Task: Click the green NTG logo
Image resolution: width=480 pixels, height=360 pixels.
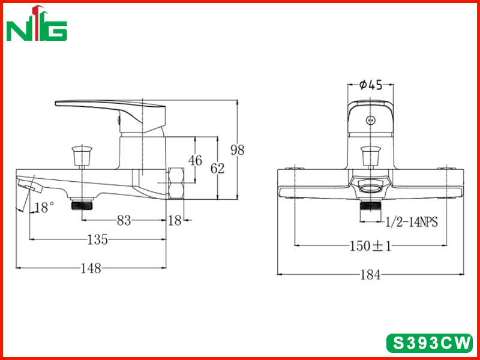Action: pos(37,23)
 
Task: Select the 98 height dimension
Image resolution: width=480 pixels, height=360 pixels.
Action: pos(238,151)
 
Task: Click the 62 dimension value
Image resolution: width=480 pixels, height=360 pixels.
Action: pos(217,169)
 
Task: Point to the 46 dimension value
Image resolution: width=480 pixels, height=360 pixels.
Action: pos(196,160)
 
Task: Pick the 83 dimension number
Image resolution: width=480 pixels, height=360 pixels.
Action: pos(124,220)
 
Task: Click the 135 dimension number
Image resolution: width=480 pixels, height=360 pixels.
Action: pos(98,239)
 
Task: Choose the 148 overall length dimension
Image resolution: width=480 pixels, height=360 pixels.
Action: pos(91,268)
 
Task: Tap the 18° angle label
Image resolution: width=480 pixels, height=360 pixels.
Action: pos(44,208)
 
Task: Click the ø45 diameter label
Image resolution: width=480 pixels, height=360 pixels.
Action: pos(371,85)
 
